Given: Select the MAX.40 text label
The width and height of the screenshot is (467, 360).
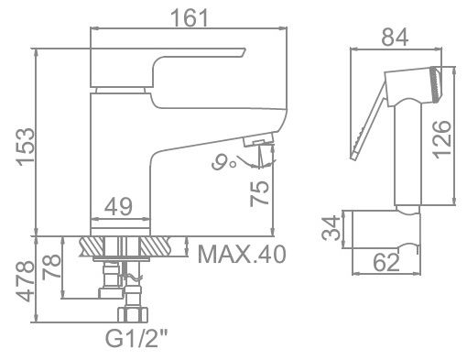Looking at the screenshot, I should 238,250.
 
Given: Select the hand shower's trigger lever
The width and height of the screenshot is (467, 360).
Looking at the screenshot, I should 365,124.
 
